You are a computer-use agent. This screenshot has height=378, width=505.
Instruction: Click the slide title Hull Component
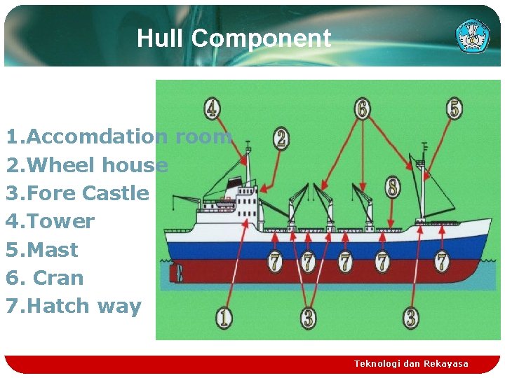234,38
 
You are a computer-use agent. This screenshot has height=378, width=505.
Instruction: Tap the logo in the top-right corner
473,36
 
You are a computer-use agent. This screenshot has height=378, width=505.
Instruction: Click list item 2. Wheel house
87,165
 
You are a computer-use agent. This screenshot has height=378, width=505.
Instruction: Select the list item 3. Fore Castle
77,193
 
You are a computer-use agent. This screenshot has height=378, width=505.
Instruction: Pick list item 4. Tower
50,221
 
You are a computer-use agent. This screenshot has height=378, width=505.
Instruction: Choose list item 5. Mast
42,250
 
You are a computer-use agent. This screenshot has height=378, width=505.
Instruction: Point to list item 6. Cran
45,278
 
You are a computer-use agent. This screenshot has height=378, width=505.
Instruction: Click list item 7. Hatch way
74,306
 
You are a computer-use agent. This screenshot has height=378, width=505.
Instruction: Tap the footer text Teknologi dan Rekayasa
411,363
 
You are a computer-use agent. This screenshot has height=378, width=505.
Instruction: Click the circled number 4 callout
212,109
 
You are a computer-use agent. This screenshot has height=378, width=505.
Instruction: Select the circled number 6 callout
362,109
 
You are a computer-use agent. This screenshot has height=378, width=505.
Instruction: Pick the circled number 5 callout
454,109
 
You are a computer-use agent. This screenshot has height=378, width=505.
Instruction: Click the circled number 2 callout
281,138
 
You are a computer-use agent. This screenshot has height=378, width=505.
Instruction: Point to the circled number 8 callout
393,187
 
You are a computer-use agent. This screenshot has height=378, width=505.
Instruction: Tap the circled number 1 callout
224,317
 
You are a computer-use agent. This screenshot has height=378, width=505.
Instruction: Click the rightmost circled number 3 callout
411,317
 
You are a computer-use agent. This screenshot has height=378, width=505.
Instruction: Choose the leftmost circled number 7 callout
275,262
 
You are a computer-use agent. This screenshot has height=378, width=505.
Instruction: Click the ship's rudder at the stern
179,273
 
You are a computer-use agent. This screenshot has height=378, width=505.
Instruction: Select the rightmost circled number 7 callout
441,262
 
